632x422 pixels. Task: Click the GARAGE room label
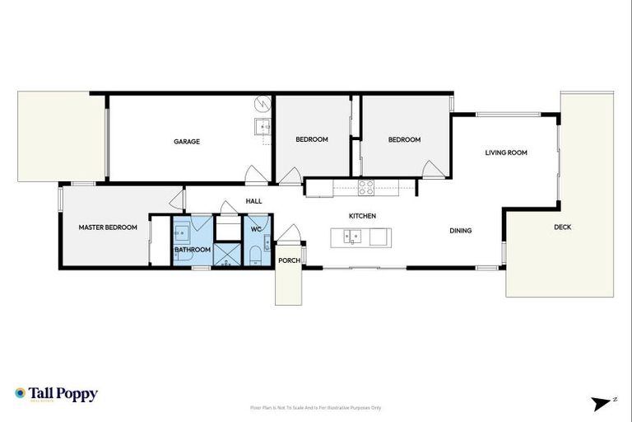(187, 142)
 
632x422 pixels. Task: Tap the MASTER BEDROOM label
(108, 227)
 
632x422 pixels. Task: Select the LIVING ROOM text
(506, 152)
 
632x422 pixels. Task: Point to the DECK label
(562, 227)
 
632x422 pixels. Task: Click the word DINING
(461, 231)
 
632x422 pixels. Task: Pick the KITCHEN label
(362, 216)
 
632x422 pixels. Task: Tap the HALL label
(253, 201)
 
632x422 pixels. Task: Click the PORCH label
(290, 260)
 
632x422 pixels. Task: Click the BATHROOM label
(193, 250)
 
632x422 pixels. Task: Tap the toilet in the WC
(256, 252)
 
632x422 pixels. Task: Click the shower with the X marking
(225, 254)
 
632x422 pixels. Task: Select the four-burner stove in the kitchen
(365, 188)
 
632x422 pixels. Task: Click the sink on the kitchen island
(351, 237)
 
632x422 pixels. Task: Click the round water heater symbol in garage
(263, 104)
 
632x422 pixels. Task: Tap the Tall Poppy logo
(56, 394)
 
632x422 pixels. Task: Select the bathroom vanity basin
(181, 229)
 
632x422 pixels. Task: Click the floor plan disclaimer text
(316, 408)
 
